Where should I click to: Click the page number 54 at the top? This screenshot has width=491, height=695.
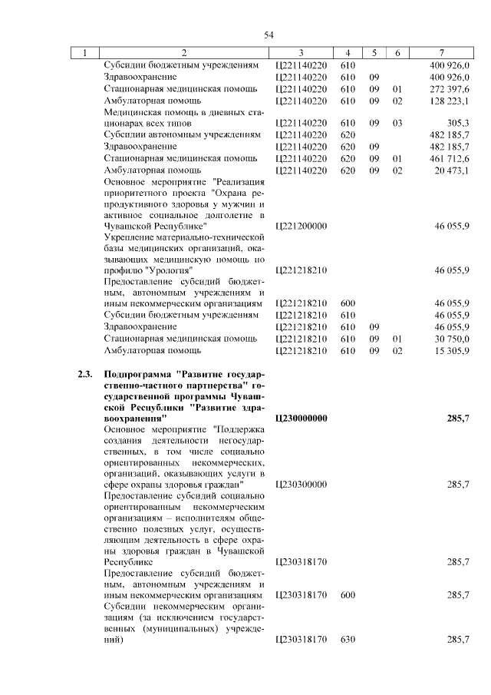[x=269, y=35]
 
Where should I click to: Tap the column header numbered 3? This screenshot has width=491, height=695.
[x=301, y=53]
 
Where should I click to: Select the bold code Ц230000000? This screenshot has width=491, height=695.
[x=301, y=419]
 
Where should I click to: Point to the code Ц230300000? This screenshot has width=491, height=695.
[x=301, y=485]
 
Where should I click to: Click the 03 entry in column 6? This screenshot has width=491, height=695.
[x=397, y=123]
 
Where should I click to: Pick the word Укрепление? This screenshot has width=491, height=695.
[x=128, y=238]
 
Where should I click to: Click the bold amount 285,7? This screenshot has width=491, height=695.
[x=457, y=419]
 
